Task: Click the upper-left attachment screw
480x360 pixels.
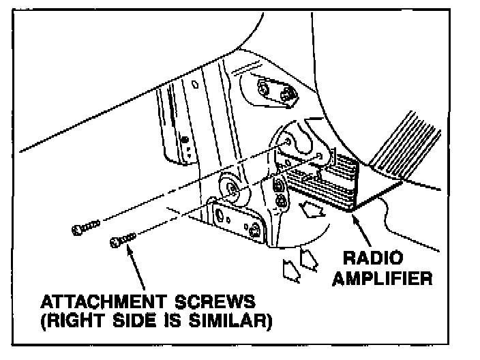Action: tap(86, 228)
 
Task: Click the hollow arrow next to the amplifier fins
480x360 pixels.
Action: tap(314, 208)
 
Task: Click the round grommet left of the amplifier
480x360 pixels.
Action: tap(229, 188)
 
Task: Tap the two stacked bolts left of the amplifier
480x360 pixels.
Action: tap(278, 193)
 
